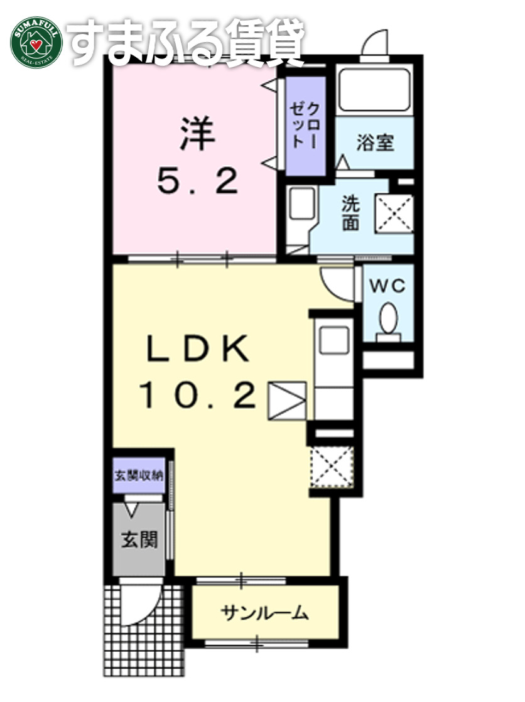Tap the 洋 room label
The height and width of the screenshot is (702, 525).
click(x=195, y=132)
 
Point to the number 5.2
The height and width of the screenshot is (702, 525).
click(x=197, y=182)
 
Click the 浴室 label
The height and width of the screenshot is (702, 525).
click(x=376, y=143)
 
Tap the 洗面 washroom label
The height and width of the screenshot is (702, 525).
click(x=350, y=213)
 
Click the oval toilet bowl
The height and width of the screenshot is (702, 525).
click(x=388, y=316)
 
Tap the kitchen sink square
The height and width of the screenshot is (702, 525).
click(x=331, y=341)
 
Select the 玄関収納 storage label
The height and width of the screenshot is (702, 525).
click(x=138, y=475)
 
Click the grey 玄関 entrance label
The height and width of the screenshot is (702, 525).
click(x=138, y=539)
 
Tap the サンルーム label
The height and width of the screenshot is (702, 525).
click(x=264, y=612)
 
